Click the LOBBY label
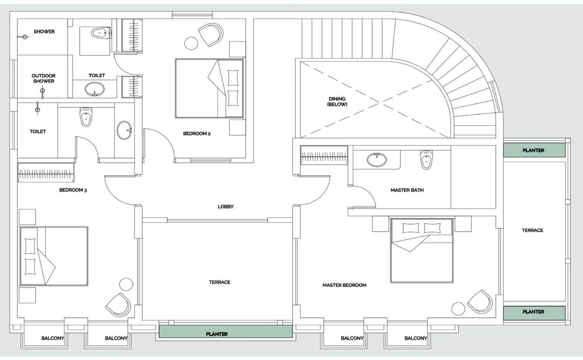click(225, 207)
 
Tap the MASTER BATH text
click(407, 190)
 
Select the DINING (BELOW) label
click(337, 102)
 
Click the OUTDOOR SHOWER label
click(44, 78)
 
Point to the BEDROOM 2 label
click(196, 134)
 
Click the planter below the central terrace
click(225, 331)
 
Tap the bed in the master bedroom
click(422, 250)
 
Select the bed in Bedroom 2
click(209, 88)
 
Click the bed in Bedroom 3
click(54, 256)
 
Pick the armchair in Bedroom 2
click(211, 35)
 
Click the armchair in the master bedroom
click(480, 302)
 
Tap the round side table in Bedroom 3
click(126, 285)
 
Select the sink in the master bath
click(377, 159)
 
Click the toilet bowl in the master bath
click(426, 159)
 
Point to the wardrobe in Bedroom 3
click(46, 172)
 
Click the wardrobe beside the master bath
click(324, 155)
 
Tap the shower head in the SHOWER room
click(25, 37)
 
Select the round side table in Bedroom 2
click(191, 43)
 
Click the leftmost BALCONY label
click(52, 338)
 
